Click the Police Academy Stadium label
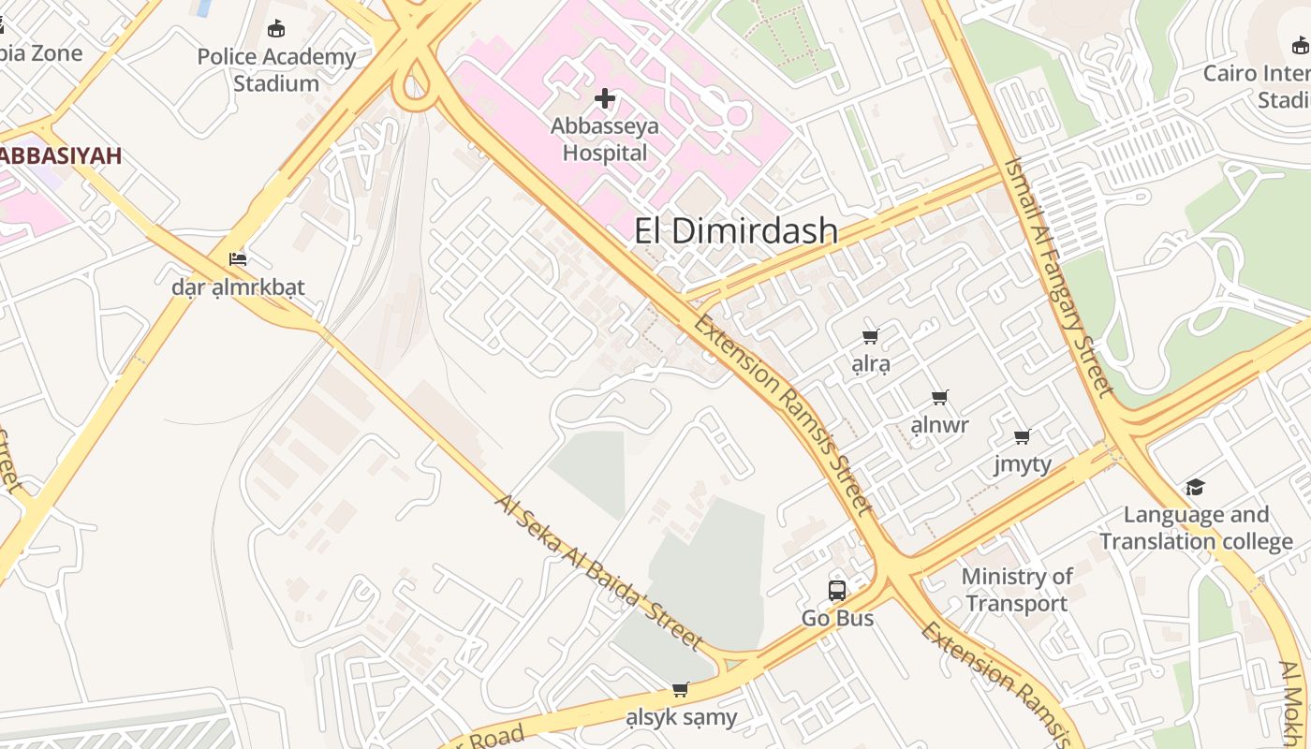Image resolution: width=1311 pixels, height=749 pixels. (x=276, y=70)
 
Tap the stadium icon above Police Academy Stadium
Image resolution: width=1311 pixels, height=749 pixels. (x=276, y=29)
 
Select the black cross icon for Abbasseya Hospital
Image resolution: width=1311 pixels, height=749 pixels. (x=605, y=97)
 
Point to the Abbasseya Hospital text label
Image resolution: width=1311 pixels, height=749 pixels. (x=605, y=140)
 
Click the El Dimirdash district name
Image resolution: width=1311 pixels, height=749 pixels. (x=736, y=231)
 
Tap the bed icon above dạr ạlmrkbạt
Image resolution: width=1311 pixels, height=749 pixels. (x=238, y=258)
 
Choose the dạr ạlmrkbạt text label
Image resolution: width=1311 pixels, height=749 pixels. (x=238, y=287)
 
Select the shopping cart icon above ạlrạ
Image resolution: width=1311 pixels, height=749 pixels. (x=871, y=336)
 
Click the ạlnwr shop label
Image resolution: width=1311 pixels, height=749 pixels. (x=939, y=426)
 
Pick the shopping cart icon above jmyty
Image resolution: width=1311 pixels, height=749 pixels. (x=1023, y=436)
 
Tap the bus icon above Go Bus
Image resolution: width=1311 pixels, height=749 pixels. (x=837, y=591)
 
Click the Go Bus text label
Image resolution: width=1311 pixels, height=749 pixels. (x=837, y=619)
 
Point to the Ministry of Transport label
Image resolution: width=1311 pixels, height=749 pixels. (x=1017, y=590)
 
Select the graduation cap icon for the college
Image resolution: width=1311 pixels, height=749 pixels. (x=1195, y=487)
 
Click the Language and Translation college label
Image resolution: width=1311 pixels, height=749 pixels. (x=1196, y=528)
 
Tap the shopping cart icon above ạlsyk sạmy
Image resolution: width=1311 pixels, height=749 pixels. (x=681, y=689)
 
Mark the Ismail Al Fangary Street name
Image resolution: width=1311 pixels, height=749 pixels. (x=1058, y=275)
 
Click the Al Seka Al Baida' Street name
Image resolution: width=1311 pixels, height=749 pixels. (x=599, y=572)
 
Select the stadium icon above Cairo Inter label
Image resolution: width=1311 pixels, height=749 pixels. (x=1300, y=45)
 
